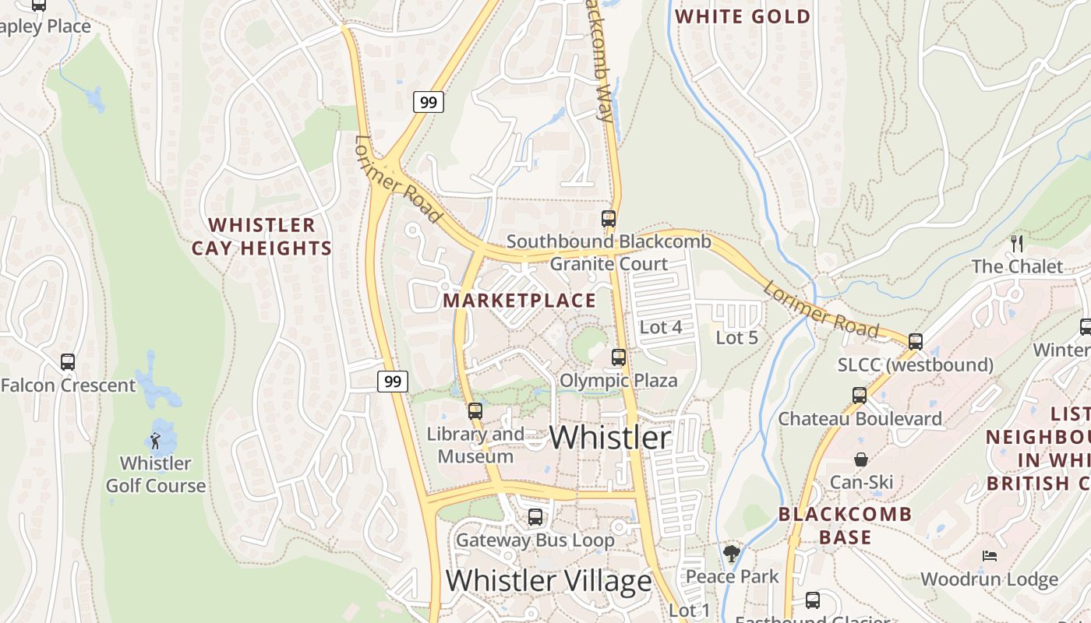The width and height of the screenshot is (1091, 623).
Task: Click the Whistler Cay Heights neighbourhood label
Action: point(262,237)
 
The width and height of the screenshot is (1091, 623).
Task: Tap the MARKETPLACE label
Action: point(520,301)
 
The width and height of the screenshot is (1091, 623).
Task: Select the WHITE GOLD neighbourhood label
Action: point(743,16)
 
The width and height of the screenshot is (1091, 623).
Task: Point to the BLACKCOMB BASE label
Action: point(845,526)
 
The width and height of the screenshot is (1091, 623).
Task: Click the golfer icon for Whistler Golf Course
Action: point(156,441)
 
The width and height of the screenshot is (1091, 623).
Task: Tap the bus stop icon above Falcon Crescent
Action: point(68,362)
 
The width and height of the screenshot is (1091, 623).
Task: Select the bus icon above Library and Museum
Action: point(475,411)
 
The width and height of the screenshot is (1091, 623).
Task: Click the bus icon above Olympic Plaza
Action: point(619,357)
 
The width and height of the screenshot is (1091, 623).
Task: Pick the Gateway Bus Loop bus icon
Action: point(535,517)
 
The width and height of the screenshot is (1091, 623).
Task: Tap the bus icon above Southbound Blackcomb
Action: point(609,219)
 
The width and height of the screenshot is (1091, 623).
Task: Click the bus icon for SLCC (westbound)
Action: point(916,341)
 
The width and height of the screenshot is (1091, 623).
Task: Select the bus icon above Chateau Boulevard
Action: point(860,396)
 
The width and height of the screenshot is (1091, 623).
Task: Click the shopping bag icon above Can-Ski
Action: point(861,459)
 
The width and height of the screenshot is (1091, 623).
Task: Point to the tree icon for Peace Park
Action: point(731,554)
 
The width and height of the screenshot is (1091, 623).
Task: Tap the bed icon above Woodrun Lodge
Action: point(989,557)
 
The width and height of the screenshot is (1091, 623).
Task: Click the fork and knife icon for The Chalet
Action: point(1016,244)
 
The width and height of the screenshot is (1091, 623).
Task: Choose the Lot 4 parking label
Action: point(661,327)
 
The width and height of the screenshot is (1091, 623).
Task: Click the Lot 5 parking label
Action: point(736,338)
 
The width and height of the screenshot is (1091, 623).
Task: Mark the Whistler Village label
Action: point(549,581)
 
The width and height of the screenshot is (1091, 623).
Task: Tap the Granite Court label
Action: point(609,264)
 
